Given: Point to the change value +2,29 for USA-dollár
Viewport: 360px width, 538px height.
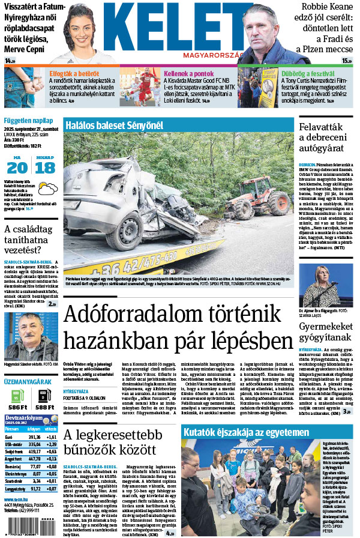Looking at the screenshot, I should click(50, 444).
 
